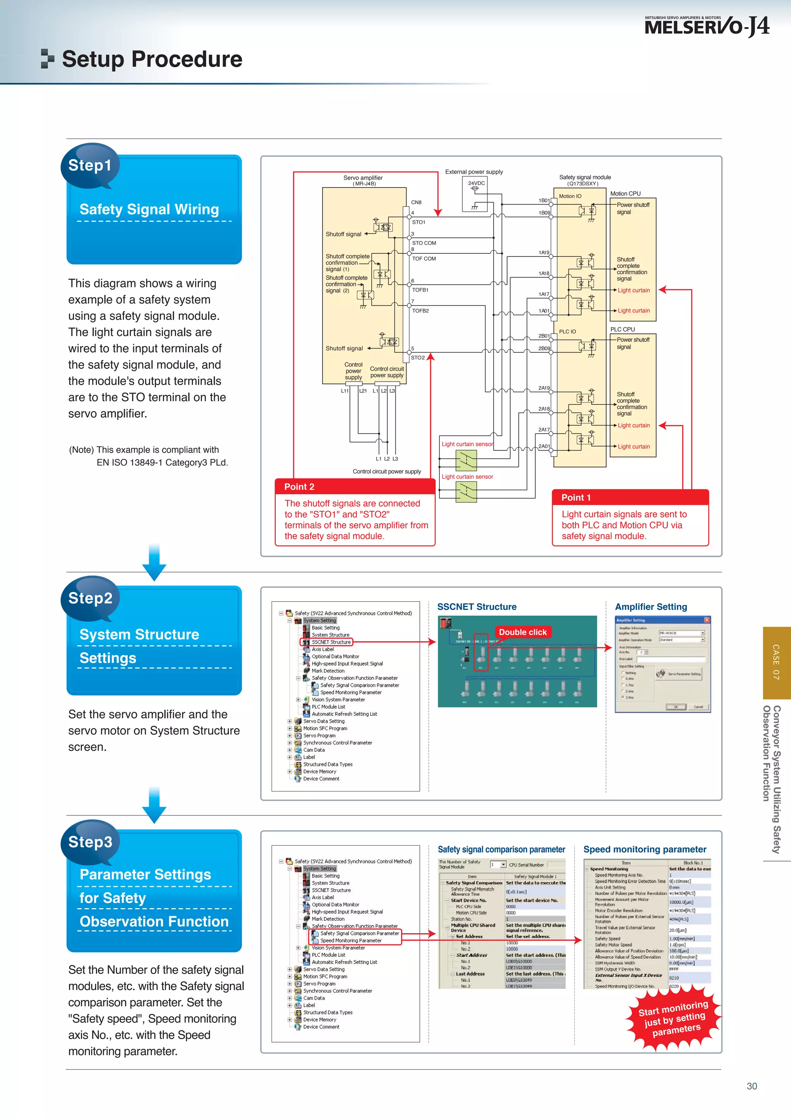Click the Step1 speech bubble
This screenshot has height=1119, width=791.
point(90,166)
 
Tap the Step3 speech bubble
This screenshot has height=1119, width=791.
point(90,842)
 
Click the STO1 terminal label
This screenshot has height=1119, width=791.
point(419,222)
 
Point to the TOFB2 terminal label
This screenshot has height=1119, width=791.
point(421,311)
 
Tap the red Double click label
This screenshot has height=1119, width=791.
point(523,632)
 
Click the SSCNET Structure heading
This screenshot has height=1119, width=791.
point(477,607)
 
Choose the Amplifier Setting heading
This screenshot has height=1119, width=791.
point(651,607)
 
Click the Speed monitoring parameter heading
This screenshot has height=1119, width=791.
point(644,849)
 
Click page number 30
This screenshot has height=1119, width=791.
point(752,1086)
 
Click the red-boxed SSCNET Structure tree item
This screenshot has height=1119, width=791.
point(331,642)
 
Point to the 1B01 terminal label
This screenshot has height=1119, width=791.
point(544,200)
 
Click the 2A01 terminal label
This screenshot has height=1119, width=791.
point(544,447)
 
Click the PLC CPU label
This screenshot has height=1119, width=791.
point(622,329)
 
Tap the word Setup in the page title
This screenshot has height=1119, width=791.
point(93,59)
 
